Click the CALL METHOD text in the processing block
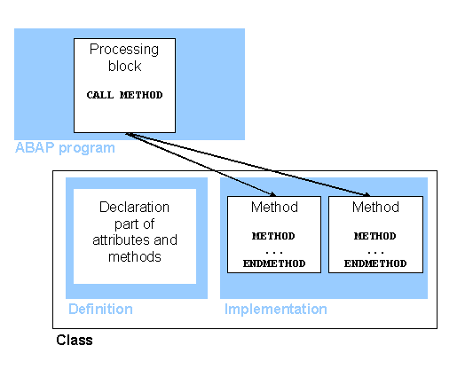tap(124, 95)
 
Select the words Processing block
tap(124, 57)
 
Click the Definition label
tap(100, 309)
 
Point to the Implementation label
tap(275, 309)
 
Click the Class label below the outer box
tap(74, 340)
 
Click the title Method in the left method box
tap(274, 208)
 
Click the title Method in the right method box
tap(375, 208)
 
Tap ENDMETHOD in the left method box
tap(274, 263)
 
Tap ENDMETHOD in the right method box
tap(375, 263)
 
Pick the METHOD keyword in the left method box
tap(274, 236)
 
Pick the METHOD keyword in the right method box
tap(375, 236)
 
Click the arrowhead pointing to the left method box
tap(274, 194)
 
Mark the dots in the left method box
tap(274, 251)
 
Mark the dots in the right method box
tap(375, 251)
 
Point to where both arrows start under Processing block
tap(128, 134)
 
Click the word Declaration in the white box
tap(134, 208)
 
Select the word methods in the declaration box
tap(135, 256)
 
